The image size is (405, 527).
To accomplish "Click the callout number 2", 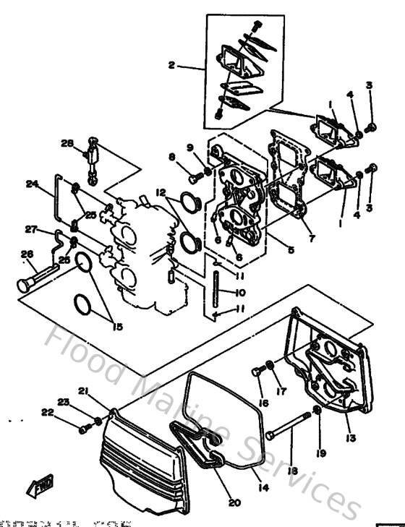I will tap(171, 65).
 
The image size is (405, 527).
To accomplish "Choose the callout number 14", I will tap(264, 488).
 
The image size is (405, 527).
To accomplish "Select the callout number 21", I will tap(83, 391).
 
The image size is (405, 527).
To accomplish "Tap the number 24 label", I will tap(31, 184).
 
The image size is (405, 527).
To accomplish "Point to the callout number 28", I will tap(67, 144).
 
